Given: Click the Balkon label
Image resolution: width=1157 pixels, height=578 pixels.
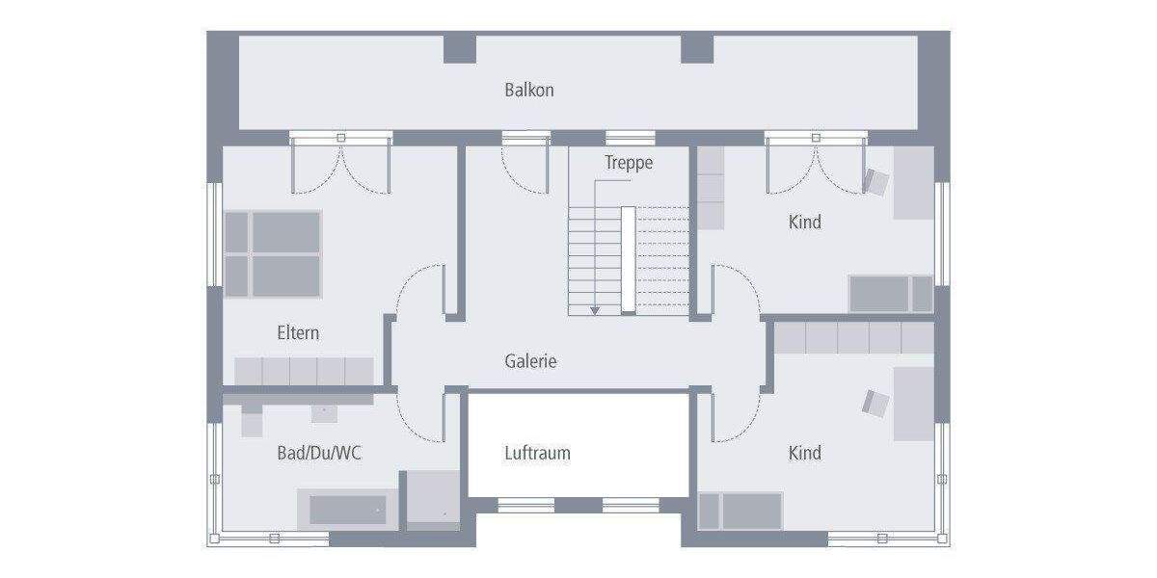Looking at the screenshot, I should (529, 91).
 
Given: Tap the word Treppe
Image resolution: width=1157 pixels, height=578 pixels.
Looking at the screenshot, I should (629, 163).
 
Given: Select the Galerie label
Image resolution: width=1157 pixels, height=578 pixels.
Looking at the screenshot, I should (530, 361).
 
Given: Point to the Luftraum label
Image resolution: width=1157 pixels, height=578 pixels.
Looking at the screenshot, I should (537, 453).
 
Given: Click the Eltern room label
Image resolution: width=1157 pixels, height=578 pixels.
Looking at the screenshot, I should (298, 333).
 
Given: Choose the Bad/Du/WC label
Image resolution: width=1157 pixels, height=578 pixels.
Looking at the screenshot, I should (318, 453).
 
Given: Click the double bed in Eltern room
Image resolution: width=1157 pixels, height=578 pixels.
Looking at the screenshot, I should (273, 253).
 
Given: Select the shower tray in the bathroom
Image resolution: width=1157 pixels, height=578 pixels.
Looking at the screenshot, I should (431, 499).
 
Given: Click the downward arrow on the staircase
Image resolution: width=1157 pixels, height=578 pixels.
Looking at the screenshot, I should (595, 309).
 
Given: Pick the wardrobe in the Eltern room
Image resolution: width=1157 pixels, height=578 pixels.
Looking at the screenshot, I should (304, 371).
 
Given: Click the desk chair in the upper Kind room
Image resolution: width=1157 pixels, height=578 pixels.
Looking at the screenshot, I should (876, 181).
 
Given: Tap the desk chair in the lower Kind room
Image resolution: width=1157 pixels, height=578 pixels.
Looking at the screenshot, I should (875, 403).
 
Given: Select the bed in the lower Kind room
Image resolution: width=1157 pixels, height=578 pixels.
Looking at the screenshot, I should (740, 511).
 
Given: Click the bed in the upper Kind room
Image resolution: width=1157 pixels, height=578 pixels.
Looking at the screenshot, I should (891, 294).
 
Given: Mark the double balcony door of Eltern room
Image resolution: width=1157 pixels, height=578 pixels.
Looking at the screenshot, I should (341, 164).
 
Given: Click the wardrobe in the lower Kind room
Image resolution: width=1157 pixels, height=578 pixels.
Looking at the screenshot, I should (854, 338).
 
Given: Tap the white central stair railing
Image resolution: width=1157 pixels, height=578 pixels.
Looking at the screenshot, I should (628, 259).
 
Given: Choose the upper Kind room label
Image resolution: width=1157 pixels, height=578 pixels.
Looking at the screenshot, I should (805, 222).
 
